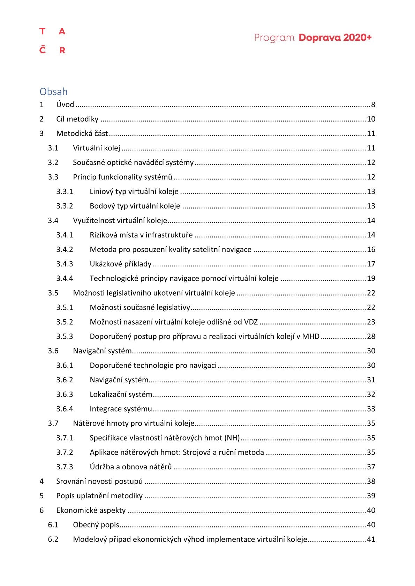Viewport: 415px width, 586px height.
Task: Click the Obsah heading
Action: [53, 92]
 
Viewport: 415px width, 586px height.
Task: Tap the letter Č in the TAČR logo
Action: [42, 50]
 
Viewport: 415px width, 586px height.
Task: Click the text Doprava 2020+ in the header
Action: [335, 38]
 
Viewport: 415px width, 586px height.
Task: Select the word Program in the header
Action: [274, 38]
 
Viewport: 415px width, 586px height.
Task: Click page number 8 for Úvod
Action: [373, 104]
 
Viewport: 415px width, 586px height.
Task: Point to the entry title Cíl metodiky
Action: [77, 119]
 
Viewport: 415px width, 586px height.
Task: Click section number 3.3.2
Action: [65, 206]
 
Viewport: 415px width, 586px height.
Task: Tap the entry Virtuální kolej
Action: [96, 148]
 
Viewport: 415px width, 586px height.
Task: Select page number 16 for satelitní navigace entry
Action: [371, 249]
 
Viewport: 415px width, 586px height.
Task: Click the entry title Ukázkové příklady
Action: [120, 264]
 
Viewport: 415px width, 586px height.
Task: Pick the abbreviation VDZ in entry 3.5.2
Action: [251, 322]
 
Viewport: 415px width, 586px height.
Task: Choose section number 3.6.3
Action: [65, 394]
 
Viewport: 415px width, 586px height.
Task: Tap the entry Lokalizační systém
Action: [121, 394]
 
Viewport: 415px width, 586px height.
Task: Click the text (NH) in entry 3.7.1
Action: [232, 438]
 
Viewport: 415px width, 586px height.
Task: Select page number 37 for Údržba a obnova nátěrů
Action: [371, 467]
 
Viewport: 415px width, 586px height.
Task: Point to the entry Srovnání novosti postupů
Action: [99, 481]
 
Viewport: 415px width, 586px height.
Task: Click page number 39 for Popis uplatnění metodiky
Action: [371, 496]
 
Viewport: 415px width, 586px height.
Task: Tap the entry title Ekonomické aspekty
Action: [91, 510]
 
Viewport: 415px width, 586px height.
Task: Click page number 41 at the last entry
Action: [371, 539]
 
